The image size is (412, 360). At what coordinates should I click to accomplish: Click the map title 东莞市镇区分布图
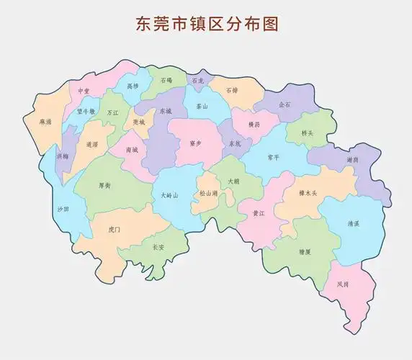(206, 23)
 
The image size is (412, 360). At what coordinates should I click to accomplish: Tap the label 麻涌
(47, 122)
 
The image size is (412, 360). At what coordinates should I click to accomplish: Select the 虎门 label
(114, 229)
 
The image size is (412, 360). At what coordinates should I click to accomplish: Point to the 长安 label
(158, 246)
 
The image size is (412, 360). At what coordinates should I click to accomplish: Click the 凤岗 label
(342, 284)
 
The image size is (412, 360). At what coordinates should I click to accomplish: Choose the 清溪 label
(353, 223)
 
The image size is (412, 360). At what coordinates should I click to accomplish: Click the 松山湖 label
(209, 194)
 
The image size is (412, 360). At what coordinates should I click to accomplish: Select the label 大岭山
(169, 194)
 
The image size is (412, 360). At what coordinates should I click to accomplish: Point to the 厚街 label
(104, 185)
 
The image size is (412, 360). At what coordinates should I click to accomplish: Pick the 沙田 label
(63, 209)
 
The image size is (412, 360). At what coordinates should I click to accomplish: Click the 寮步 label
(196, 143)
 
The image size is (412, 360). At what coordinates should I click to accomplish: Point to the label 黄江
(258, 214)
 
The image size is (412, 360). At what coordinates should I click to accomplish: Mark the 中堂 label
(84, 92)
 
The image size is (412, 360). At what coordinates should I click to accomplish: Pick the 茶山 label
(201, 106)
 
